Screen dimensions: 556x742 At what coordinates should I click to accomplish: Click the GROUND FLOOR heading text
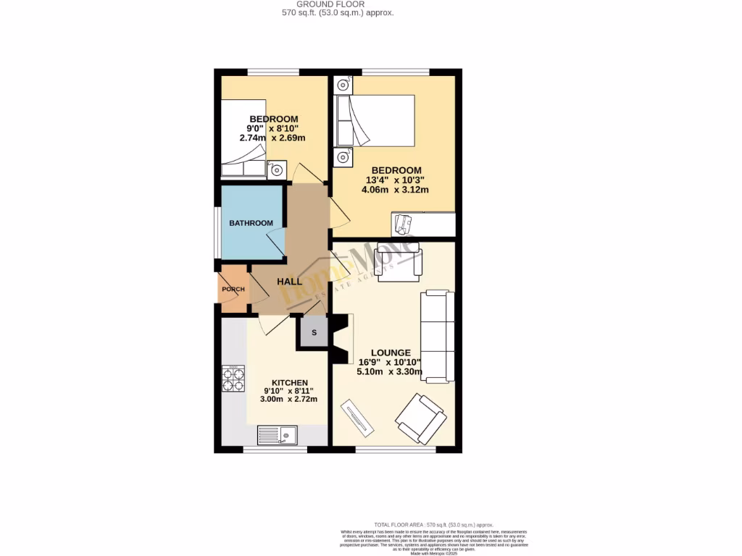pyautogui.click(x=338, y=4)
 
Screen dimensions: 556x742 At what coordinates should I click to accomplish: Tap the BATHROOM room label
pyautogui.click(x=251, y=223)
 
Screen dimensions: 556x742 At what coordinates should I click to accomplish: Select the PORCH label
pyautogui.click(x=233, y=290)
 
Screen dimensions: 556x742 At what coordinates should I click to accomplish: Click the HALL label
pyautogui.click(x=289, y=281)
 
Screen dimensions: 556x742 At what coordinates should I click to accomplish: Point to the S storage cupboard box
pyautogui.click(x=314, y=333)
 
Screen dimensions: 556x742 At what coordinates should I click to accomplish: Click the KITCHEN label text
pyautogui.click(x=290, y=383)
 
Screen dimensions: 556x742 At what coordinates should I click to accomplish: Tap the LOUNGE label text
pyautogui.click(x=391, y=353)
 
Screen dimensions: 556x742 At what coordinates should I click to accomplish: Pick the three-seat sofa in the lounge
pyautogui.click(x=438, y=336)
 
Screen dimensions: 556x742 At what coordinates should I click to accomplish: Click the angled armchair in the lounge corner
pyautogui.click(x=420, y=418)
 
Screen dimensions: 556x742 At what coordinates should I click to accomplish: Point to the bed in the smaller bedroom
pyautogui.click(x=243, y=138)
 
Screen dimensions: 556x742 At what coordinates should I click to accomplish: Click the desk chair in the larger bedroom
pyautogui.click(x=402, y=224)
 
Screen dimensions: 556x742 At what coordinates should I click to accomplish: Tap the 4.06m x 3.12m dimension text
pyautogui.click(x=395, y=190)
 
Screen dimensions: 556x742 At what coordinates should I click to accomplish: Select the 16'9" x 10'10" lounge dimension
pyautogui.click(x=391, y=363)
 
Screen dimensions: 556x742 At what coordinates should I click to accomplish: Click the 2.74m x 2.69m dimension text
pyautogui.click(x=272, y=138)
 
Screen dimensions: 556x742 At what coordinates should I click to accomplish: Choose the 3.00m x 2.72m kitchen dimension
pyautogui.click(x=290, y=400)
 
